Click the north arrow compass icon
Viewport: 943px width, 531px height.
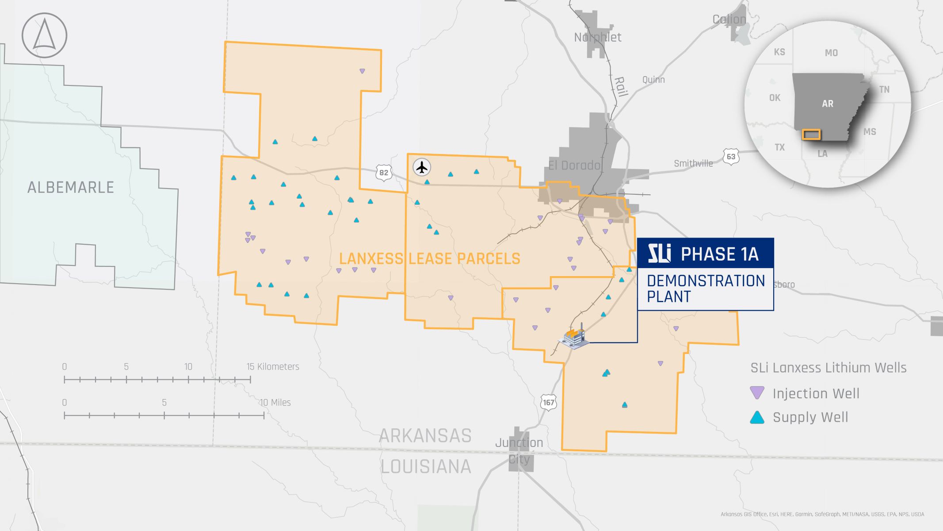(x=44, y=35)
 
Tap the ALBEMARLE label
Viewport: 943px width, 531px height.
(x=71, y=188)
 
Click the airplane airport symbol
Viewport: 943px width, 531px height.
(x=422, y=168)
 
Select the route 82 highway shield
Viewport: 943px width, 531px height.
(x=383, y=173)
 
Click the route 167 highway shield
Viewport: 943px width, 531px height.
(x=548, y=402)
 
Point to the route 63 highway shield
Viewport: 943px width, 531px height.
(x=731, y=157)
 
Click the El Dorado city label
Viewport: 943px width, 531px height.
(x=574, y=165)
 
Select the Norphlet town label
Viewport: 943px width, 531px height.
(x=597, y=38)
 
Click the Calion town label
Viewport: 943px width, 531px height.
(x=729, y=19)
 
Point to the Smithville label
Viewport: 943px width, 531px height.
(x=693, y=163)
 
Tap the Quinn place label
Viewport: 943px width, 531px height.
(x=653, y=80)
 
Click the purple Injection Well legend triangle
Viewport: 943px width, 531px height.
(x=757, y=393)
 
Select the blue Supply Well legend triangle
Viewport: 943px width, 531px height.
(x=757, y=417)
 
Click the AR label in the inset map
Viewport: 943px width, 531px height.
(x=828, y=104)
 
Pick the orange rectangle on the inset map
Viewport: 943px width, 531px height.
(x=812, y=135)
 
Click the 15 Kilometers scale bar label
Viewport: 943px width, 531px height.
(x=273, y=366)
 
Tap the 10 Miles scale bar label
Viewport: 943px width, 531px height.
(x=275, y=402)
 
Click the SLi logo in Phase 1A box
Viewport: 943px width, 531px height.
(x=659, y=254)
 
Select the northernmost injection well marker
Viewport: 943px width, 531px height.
(x=362, y=71)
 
